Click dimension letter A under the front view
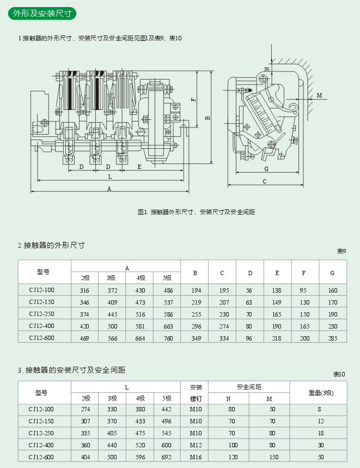tap(109, 189)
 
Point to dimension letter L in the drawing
tap(109, 177)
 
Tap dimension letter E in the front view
tap(139, 167)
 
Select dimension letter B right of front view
tap(208, 118)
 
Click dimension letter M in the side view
tap(320, 95)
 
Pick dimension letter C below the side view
tap(265, 181)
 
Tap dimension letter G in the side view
tap(266, 169)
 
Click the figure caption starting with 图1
tap(197, 211)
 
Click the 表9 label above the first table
tap(341, 251)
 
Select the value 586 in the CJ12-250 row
tap(168, 314)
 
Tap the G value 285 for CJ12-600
tap(333, 338)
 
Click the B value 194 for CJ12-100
tap(196, 290)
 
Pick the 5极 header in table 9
tap(167, 278)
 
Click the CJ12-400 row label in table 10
tap(42, 445)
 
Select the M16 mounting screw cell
tap(196, 457)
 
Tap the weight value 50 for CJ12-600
tap(321, 457)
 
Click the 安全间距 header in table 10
tap(249, 387)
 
